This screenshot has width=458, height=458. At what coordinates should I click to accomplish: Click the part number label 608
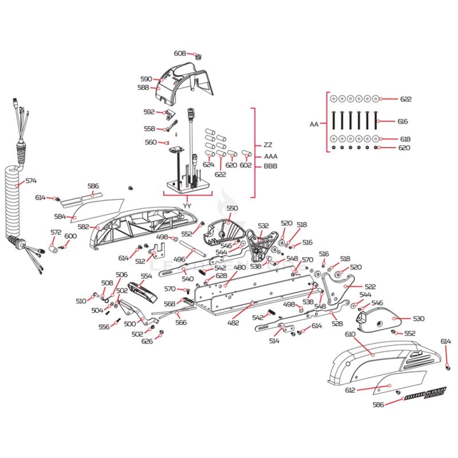tap(180, 53)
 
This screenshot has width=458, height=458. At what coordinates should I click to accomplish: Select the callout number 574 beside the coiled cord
tap(30, 181)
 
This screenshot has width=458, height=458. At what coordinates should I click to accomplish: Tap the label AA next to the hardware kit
tap(314, 124)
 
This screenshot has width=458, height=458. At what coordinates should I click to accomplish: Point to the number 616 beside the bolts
tap(403, 121)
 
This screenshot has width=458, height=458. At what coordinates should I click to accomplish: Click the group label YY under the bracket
tap(187, 205)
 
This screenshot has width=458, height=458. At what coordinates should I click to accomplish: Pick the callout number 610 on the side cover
tap(350, 334)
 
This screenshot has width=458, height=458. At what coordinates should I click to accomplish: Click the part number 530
tap(418, 318)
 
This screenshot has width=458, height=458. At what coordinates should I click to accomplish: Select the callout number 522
tap(371, 286)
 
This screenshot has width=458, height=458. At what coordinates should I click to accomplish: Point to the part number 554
tap(147, 276)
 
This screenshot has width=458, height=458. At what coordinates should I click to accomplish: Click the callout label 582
tap(84, 227)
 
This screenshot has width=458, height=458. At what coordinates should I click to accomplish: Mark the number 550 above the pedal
tap(232, 208)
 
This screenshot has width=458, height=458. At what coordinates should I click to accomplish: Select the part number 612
tap(350, 390)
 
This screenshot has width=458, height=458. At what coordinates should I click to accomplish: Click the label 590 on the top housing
tap(146, 79)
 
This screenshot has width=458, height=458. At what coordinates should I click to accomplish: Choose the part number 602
tap(246, 165)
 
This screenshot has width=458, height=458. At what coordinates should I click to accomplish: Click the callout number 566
tap(181, 322)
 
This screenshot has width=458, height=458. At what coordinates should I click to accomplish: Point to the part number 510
tap(81, 301)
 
